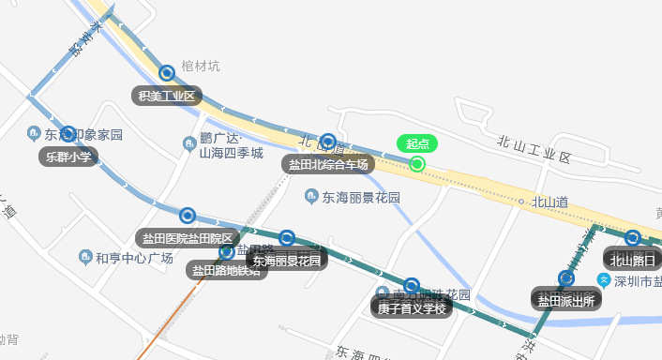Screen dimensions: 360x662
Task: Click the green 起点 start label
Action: pos(417,143)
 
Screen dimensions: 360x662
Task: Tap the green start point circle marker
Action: pos(418,165)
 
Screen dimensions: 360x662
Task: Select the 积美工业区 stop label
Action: pos(167,95)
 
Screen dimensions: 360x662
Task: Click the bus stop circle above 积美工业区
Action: pos(167,72)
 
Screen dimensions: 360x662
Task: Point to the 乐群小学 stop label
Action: pos(68,157)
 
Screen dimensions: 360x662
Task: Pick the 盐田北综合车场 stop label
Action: pos(328,163)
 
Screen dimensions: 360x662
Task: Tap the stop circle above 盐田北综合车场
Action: pos(328,142)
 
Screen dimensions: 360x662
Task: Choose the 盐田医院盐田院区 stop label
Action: pos(188,238)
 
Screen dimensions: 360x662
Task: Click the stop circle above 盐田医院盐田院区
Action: pos(188,216)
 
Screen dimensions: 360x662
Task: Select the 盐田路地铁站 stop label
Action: pos(225,271)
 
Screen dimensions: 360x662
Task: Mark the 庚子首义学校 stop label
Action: pos(411,307)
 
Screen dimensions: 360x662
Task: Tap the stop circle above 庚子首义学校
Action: pos(411,285)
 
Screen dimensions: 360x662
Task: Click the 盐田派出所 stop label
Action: pos(565,300)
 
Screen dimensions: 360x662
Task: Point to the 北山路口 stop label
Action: pos(633,260)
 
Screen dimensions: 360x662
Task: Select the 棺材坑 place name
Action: pos(201,66)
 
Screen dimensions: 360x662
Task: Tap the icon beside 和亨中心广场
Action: pos(85,257)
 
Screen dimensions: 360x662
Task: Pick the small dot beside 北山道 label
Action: pos(520,201)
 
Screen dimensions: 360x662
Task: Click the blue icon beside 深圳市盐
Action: pos(605,281)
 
